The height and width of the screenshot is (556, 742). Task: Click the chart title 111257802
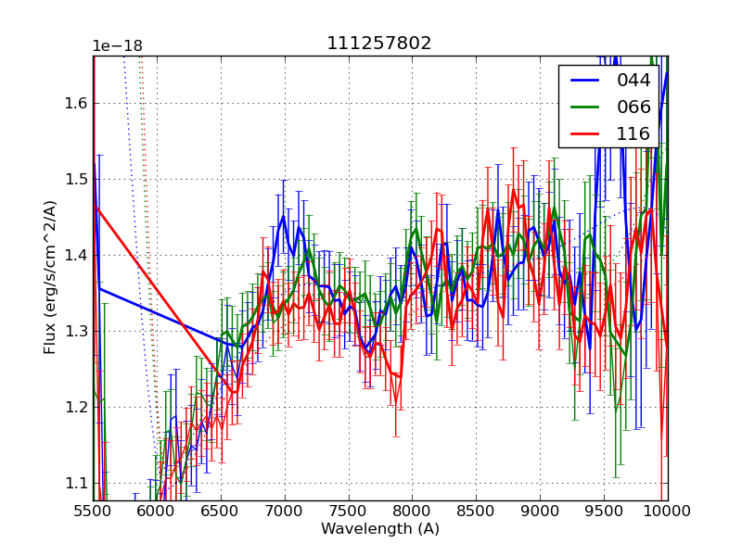(378, 44)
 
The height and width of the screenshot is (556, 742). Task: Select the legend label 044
(633, 81)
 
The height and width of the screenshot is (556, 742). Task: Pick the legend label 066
(633, 107)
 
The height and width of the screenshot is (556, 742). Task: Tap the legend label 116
(633, 134)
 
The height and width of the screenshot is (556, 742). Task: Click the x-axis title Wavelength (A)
(380, 529)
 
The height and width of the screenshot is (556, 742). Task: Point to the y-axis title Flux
(50, 277)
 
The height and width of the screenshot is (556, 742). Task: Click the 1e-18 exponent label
(117, 46)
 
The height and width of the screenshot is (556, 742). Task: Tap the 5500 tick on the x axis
(93, 512)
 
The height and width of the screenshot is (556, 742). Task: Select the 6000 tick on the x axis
(157, 512)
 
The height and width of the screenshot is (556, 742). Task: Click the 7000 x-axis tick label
(285, 512)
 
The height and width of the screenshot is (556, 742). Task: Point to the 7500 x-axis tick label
(349, 512)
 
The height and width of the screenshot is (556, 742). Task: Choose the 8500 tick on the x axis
(476, 512)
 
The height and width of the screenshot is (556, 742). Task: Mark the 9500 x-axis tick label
(604, 512)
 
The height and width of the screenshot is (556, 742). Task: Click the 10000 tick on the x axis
(668, 512)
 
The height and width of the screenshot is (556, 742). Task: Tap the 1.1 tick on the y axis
(74, 483)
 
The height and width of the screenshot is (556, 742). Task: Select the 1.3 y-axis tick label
(74, 331)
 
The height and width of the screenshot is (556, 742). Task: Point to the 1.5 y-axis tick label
(74, 179)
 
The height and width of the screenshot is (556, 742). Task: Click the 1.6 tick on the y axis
(74, 103)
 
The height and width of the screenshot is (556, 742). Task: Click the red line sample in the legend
(587, 134)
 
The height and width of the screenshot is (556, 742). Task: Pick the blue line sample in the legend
(587, 81)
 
